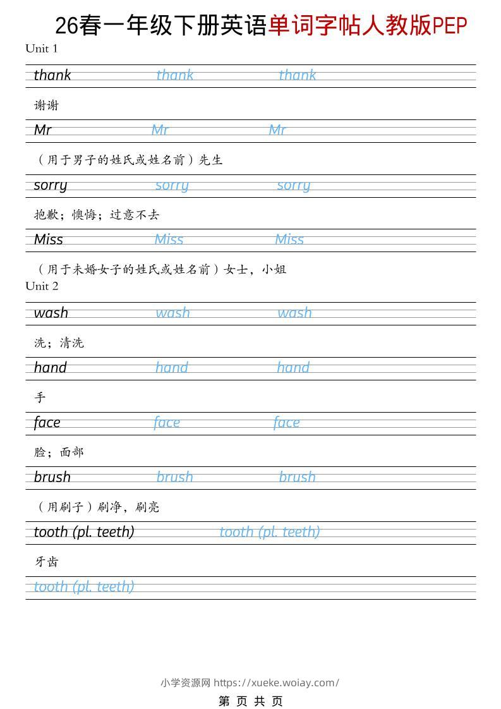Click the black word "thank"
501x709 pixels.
52,75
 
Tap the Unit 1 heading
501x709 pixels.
42,49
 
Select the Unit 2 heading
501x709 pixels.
42,286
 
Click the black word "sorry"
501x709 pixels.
51,185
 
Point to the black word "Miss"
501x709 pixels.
49,239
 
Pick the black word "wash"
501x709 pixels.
51,313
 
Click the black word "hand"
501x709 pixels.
51,368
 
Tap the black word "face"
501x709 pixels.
47,423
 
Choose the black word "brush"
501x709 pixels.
52,477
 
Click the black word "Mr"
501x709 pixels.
43,130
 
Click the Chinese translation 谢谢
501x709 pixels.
46,106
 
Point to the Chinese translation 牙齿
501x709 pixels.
46,562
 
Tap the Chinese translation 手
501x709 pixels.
40,397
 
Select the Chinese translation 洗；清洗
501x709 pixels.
59,343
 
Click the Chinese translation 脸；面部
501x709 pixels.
59,452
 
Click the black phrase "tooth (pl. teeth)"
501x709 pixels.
84,532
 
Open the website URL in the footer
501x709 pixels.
276,682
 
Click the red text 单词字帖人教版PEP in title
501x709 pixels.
368,26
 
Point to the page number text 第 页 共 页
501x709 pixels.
251,701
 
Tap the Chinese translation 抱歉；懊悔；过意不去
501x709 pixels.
97,215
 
